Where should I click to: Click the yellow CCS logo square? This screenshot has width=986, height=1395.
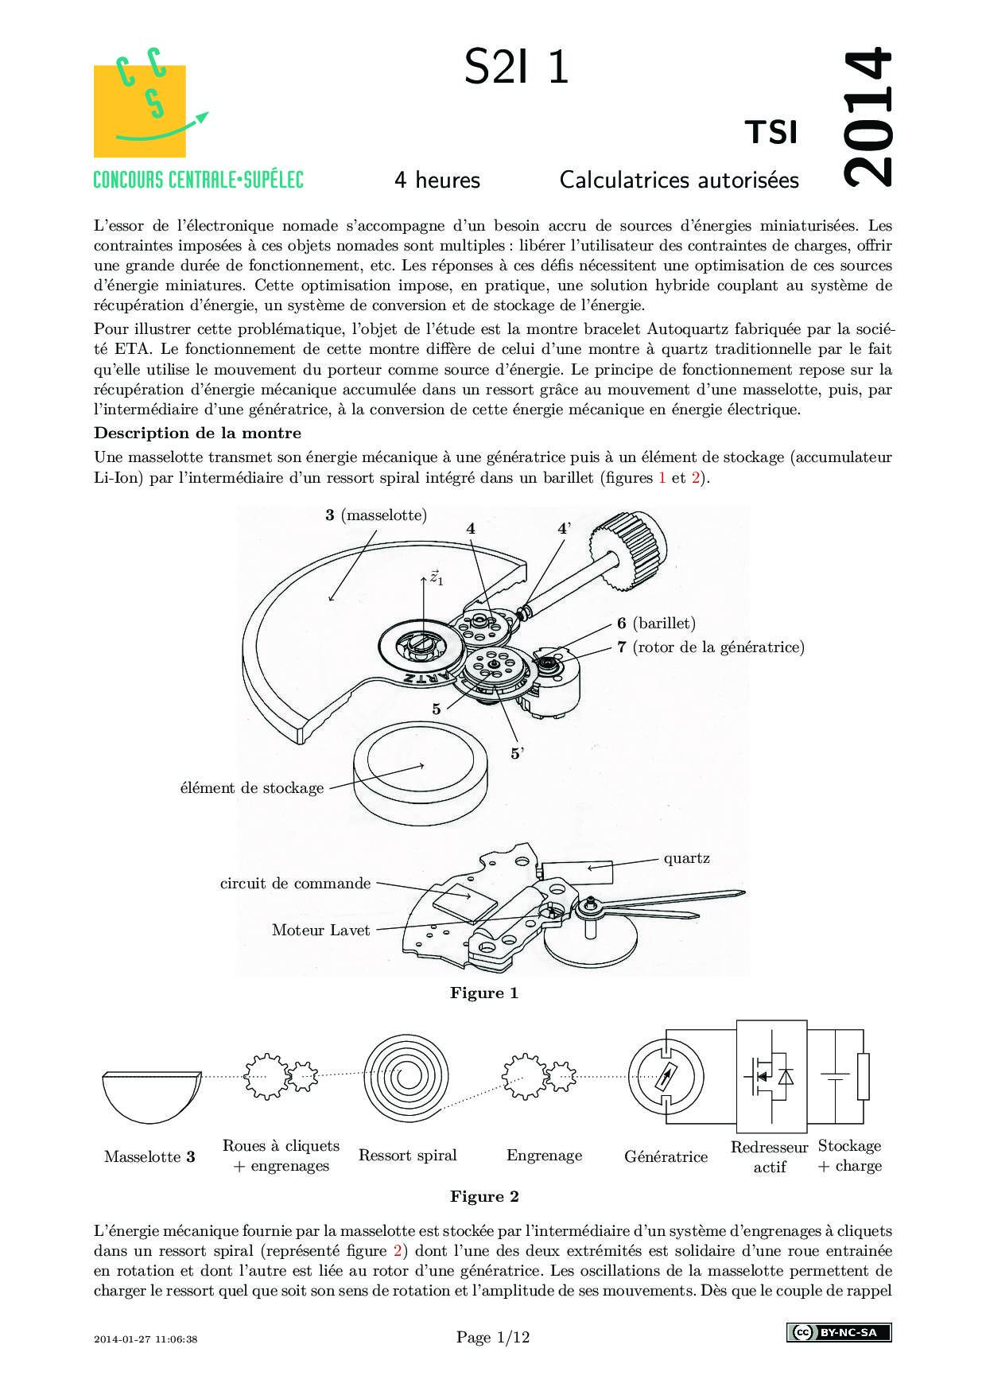(140, 111)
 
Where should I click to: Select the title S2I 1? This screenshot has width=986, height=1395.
(516, 67)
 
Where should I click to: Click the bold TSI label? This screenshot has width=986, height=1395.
(771, 133)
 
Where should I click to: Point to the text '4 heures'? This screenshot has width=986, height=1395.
(437, 181)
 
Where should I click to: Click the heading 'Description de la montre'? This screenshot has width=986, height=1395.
(198, 433)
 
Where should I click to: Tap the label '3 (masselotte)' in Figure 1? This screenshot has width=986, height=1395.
(376, 515)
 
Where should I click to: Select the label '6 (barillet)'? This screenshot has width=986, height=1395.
(656, 624)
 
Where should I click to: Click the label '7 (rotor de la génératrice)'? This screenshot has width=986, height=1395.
(711, 647)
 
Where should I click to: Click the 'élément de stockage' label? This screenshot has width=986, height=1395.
(252, 788)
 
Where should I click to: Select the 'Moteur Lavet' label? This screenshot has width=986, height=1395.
(320, 931)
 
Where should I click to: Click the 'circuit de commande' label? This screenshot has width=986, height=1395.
(295, 884)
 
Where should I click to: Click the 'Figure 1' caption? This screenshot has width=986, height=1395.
(483, 993)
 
